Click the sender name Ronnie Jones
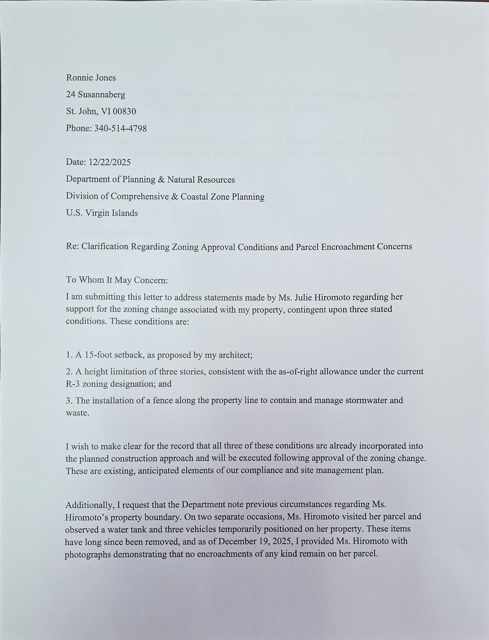[x=91, y=78]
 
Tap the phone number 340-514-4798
[x=120, y=128]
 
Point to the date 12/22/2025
[x=110, y=162]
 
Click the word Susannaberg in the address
[x=102, y=95]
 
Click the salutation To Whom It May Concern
[x=117, y=280]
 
